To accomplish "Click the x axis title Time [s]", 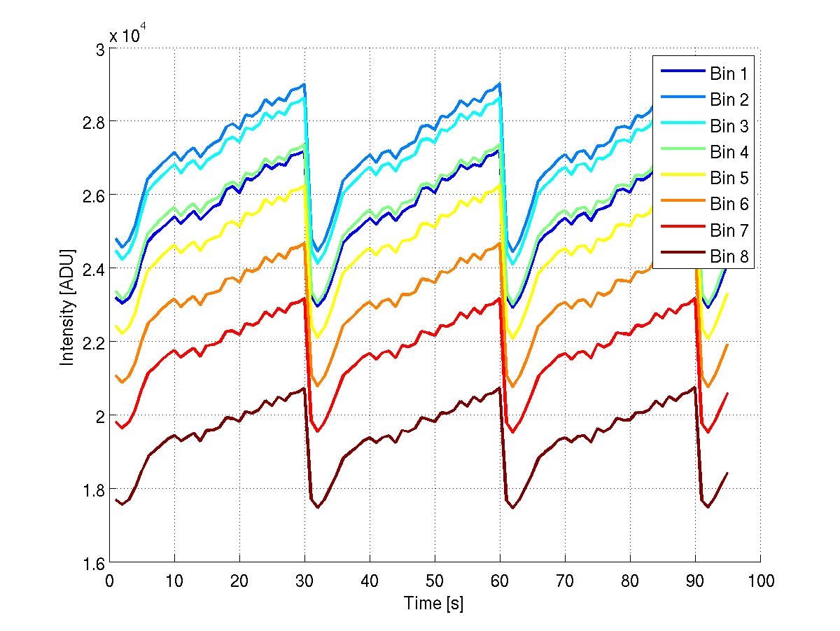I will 434,602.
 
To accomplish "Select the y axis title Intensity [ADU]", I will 68,306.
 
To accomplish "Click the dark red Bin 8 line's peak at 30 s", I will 304,388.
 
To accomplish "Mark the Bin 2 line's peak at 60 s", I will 499,83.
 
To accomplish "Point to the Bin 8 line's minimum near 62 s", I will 513,507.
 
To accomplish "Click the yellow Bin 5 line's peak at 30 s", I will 304,185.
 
